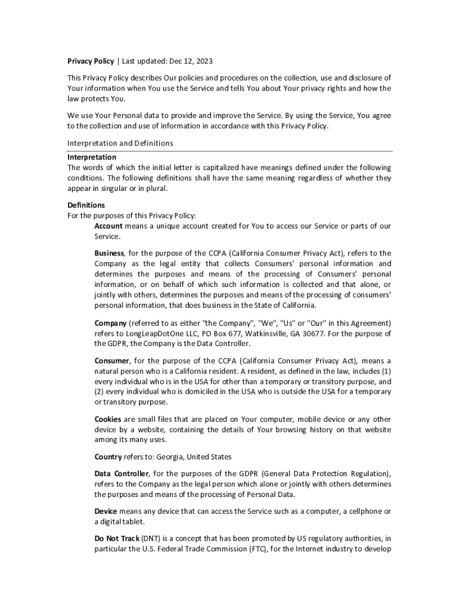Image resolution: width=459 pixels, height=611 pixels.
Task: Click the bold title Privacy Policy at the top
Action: pyautogui.click(x=91, y=61)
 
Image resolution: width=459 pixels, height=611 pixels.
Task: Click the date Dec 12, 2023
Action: pyautogui.click(x=188, y=61)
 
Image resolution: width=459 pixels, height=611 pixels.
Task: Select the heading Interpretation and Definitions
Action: pyautogui.click(x=120, y=143)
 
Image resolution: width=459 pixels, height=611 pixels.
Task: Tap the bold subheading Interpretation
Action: pyautogui.click(x=91, y=158)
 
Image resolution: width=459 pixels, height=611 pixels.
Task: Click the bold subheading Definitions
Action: pyautogui.click(x=86, y=205)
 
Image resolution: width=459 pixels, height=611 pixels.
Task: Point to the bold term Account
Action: pyautogui.click(x=108, y=226)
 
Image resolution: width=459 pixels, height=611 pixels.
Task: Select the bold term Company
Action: pyautogui.click(x=111, y=323)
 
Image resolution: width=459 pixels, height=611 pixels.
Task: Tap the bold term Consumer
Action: pyautogui.click(x=112, y=361)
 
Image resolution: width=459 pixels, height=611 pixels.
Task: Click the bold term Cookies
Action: pyautogui.click(x=109, y=419)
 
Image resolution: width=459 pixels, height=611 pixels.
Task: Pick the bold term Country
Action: pyautogui.click(x=108, y=457)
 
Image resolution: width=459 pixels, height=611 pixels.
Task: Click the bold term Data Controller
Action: pyautogui.click(x=122, y=474)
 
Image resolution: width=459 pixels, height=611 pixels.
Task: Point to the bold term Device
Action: pyautogui.click(x=106, y=511)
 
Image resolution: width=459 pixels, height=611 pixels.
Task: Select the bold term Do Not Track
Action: pyautogui.click(x=116, y=538)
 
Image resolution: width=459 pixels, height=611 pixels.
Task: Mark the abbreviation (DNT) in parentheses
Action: pyautogui.click(x=151, y=538)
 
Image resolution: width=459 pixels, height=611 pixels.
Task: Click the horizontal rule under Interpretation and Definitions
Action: pyautogui.click(x=229, y=151)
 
